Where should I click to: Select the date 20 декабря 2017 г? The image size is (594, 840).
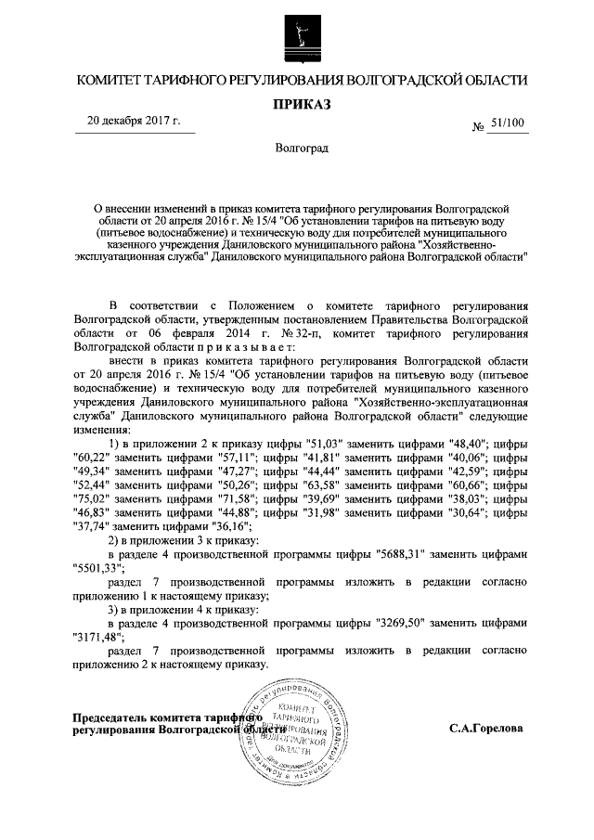click(134, 122)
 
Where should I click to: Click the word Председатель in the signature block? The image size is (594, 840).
click(114, 717)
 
